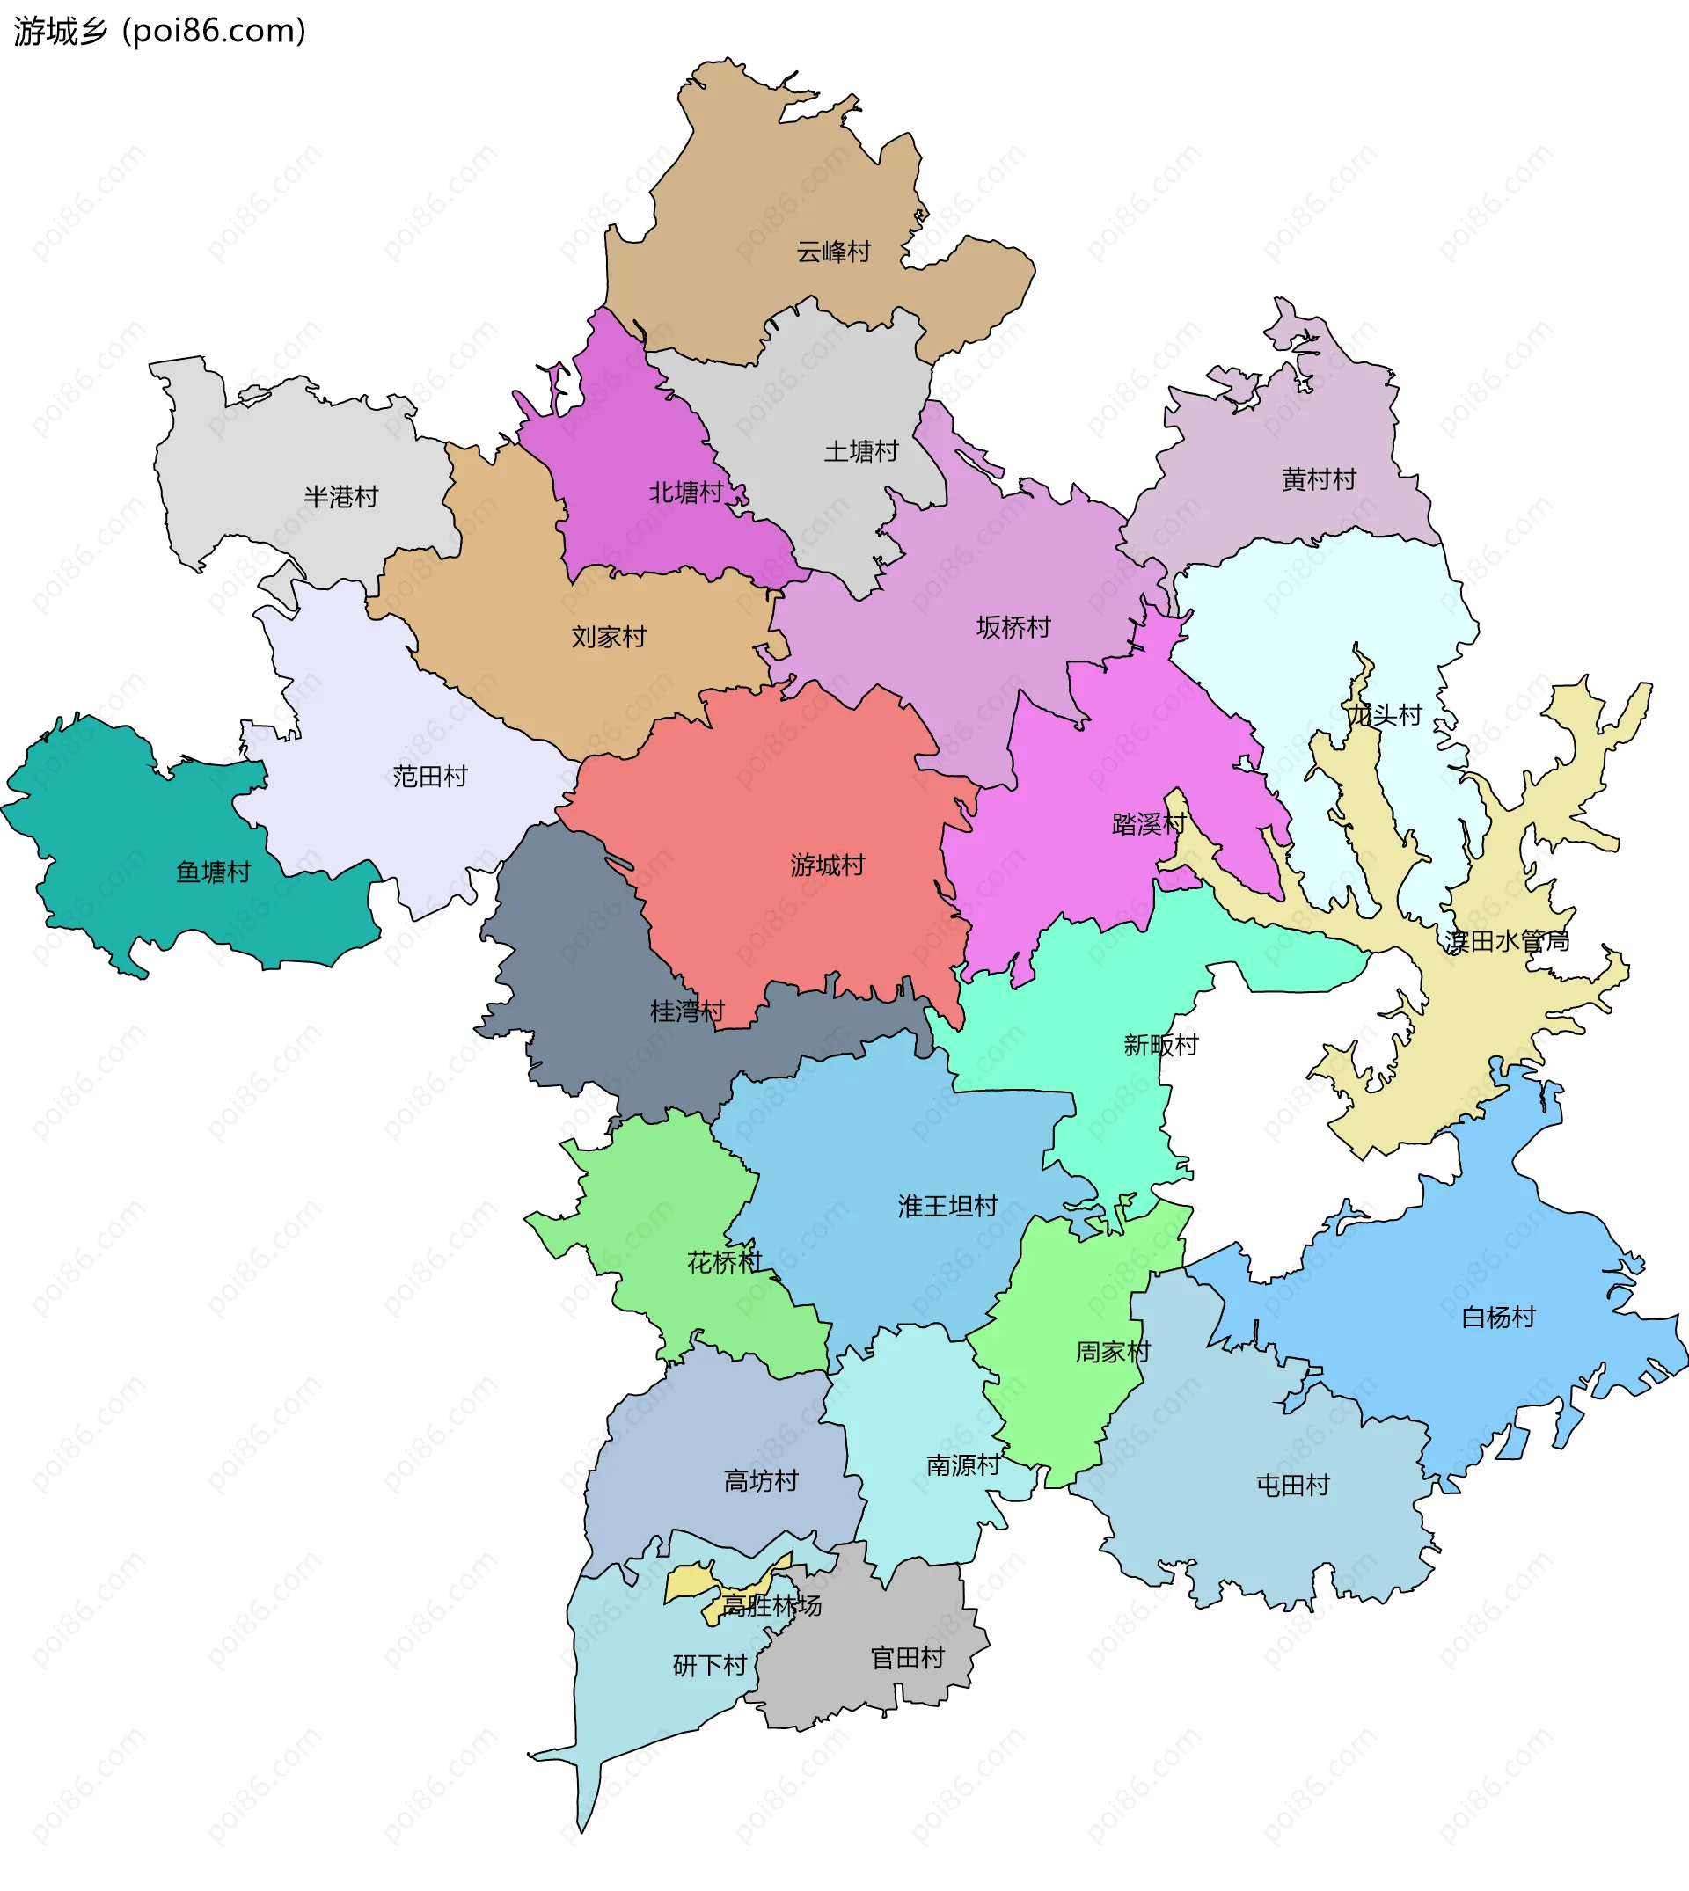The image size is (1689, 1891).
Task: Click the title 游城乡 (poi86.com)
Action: [x=159, y=32]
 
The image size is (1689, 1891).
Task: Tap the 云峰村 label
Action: [x=833, y=252]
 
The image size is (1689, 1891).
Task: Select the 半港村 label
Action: [x=340, y=496]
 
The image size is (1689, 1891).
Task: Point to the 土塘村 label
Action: [x=861, y=451]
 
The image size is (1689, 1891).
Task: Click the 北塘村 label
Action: [x=685, y=492]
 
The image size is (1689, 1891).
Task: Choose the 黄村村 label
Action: [x=1319, y=478]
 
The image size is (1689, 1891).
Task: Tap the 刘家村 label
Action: [x=608, y=637]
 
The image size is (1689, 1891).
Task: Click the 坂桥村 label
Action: [x=1013, y=627]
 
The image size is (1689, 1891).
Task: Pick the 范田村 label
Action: [x=429, y=776]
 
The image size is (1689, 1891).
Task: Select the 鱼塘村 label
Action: [x=214, y=872]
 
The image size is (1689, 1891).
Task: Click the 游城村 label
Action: [x=827, y=865]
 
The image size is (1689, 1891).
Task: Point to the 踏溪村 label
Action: [x=1148, y=823]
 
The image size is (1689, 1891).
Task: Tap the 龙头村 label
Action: [x=1384, y=714]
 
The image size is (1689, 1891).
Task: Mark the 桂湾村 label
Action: [x=687, y=1011]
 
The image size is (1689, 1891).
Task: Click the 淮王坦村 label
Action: [x=947, y=1205]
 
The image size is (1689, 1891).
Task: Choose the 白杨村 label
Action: [x=1498, y=1317]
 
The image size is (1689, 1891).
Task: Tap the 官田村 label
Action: [x=907, y=1657]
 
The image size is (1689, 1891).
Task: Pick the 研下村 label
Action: [x=709, y=1665]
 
